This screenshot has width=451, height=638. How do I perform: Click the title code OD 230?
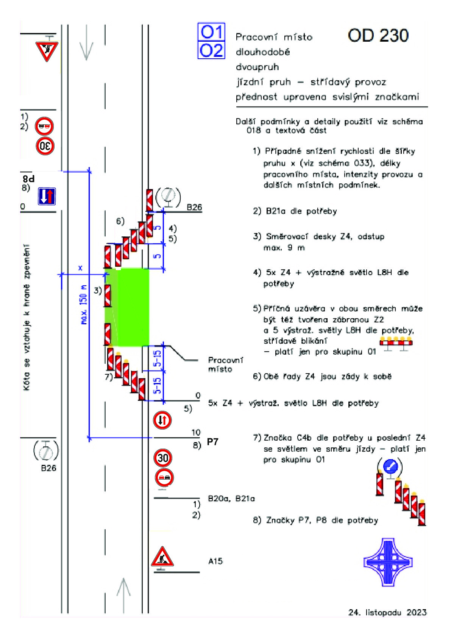tap(378, 36)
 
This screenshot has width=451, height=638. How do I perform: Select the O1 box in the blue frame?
tap(211, 32)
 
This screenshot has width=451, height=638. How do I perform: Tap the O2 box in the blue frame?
tap(211, 50)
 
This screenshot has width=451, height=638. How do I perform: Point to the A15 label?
tap(215, 561)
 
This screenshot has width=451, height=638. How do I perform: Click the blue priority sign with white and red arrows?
tap(47, 196)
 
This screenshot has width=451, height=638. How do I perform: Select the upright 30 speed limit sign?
tap(163, 458)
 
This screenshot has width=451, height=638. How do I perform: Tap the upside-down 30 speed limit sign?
tap(45, 146)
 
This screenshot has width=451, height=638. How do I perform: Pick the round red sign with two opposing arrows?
tap(162, 420)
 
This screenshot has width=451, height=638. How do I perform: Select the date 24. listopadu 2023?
tap(387, 612)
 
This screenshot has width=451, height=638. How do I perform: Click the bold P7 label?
tap(212, 442)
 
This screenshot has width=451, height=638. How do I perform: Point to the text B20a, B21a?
tap(231, 499)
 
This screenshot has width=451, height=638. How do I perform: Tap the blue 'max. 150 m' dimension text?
tap(84, 305)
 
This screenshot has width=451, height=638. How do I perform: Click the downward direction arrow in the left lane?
tap(86, 43)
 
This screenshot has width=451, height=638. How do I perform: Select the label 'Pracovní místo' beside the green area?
tap(226, 364)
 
